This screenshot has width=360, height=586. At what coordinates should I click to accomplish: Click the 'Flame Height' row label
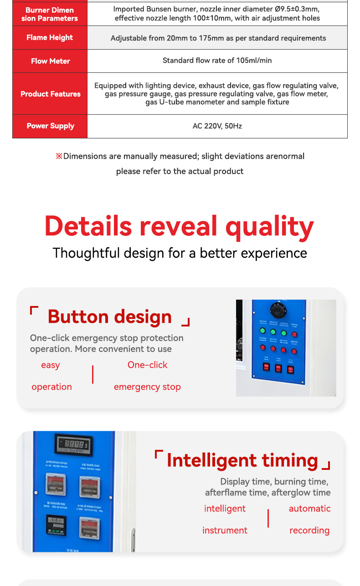pos(50,38)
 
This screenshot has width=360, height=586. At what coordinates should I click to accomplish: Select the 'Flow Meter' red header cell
pos(50,61)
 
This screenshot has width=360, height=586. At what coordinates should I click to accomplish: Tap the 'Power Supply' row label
pos(50,126)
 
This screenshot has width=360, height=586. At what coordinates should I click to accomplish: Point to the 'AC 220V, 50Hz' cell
pos(217,126)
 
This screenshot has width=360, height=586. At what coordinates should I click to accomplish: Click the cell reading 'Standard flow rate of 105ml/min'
pos(217,61)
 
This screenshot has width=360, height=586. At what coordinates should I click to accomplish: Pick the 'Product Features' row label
pos(50,94)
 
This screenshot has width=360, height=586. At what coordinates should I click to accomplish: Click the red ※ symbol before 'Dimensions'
pos(59,157)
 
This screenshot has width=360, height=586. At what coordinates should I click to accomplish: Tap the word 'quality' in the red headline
pos(269,226)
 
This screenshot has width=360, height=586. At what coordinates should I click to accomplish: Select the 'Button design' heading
pos(109,317)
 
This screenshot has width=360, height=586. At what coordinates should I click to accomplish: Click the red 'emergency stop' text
pos(147,387)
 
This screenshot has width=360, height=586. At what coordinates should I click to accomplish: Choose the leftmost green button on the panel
pos(262,331)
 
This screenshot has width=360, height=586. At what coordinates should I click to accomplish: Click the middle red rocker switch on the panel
pos(278,368)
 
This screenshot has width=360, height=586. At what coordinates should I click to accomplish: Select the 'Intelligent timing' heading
pos(242,460)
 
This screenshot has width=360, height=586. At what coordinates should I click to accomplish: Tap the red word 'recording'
pos(309,531)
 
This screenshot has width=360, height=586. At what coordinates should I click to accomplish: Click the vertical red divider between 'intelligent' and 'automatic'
pos(268,519)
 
